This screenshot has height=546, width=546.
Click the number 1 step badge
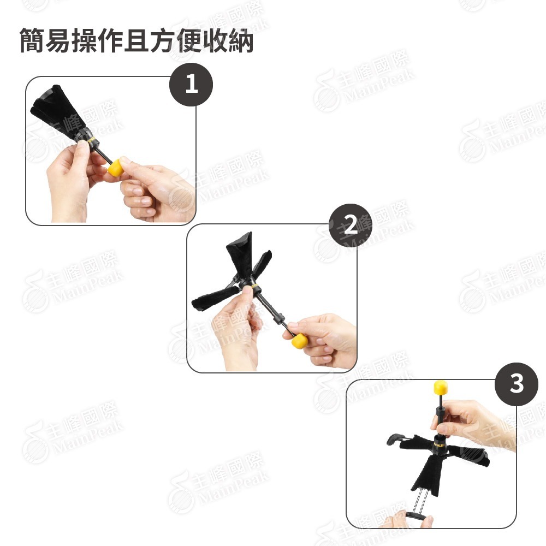click(x=191, y=84)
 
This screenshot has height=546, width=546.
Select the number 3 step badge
click(x=516, y=384)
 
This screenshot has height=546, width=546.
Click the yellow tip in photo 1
click(x=115, y=169)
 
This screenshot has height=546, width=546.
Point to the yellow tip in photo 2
click(x=298, y=342)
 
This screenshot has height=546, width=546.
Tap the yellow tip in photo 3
click(x=441, y=388)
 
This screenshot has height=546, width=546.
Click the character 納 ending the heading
click(x=241, y=42)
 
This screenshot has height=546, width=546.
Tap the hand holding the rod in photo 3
click(x=470, y=420)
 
